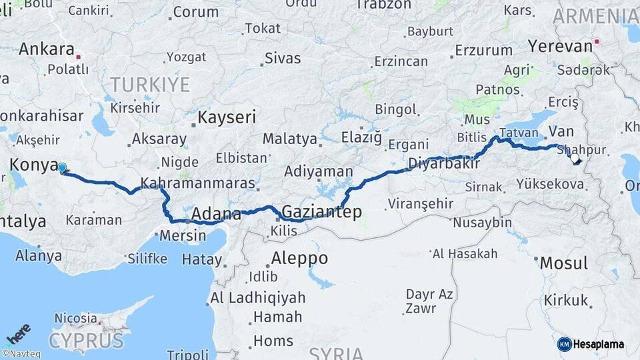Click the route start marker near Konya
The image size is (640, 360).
tap(62, 168)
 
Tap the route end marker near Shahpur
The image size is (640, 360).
tap(575, 159)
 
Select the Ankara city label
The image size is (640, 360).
tap(46, 49)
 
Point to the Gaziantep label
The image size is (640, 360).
tap(322, 212)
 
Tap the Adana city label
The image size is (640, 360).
tap(216, 215)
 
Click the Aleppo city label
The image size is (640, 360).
tap(299, 258)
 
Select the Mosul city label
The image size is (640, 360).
tap(564, 262)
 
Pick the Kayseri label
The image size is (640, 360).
tap(227, 118)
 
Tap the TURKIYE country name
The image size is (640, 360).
tap(150, 85)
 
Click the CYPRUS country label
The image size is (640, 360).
tap(86, 341)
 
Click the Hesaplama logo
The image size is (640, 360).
tap(591, 344)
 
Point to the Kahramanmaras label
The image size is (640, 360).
tap(198, 183)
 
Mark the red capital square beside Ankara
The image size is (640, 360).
tap(79, 57)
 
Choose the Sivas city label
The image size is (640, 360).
tap(283, 58)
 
